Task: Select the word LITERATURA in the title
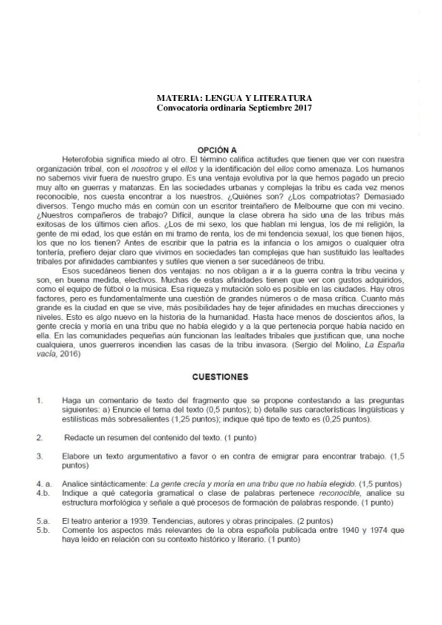[x=282, y=98]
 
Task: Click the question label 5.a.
[x=42, y=520]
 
